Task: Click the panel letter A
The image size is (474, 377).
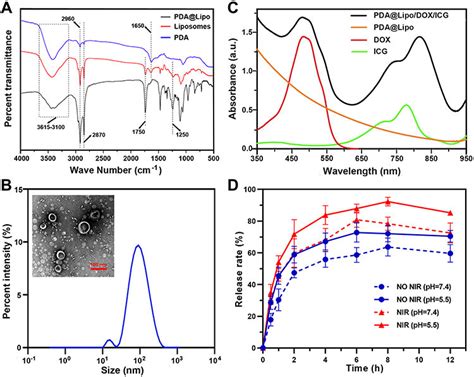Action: (x=8, y=8)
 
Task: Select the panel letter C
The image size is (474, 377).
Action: (x=243, y=8)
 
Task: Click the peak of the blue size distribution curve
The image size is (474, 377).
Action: (x=139, y=218)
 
